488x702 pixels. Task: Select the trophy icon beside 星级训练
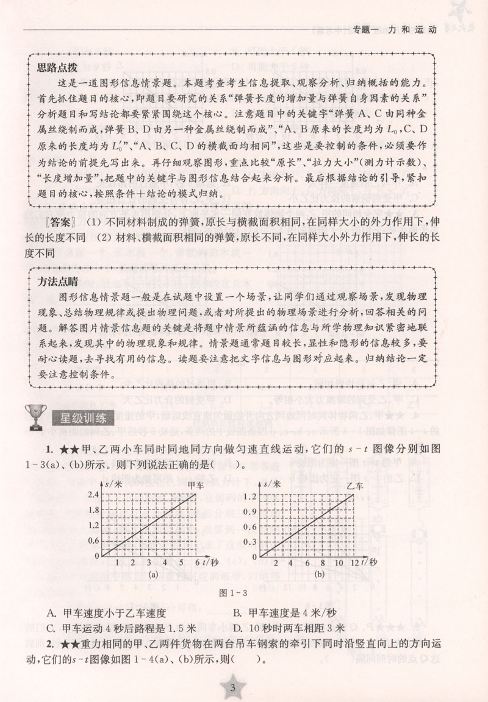(x=32, y=418)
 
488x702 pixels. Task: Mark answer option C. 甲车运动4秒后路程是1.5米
(x=120, y=629)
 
